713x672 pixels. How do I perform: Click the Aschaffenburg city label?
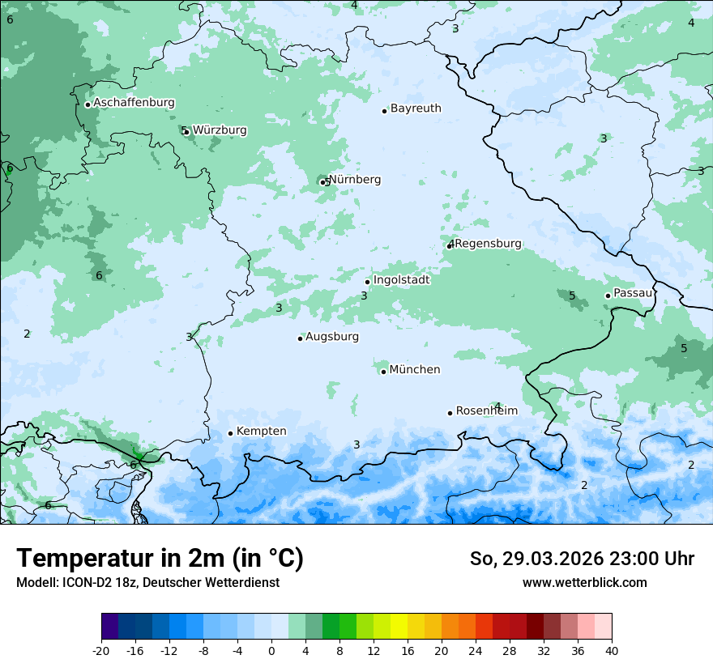(134, 103)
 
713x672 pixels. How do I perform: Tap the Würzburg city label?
(220, 130)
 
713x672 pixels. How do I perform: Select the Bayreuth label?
(416, 108)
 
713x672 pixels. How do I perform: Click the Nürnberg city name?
(355, 180)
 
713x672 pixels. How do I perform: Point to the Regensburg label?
(488, 244)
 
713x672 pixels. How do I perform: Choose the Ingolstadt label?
(401, 280)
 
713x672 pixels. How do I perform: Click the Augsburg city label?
(332, 337)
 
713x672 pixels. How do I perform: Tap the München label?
(415, 370)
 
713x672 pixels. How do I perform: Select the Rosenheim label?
(486, 411)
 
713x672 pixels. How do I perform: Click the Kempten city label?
(261, 432)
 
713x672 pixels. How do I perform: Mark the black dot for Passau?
(608, 296)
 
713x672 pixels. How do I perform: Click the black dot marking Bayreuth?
(384, 111)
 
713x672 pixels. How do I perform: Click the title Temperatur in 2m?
(160, 559)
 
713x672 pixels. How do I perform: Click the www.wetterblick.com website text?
(584, 583)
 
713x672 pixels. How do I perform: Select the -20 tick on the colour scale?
(101, 650)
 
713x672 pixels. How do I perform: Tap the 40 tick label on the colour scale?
(612, 650)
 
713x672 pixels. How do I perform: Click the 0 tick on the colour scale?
(271, 650)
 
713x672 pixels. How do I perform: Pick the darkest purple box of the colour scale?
(109, 627)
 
